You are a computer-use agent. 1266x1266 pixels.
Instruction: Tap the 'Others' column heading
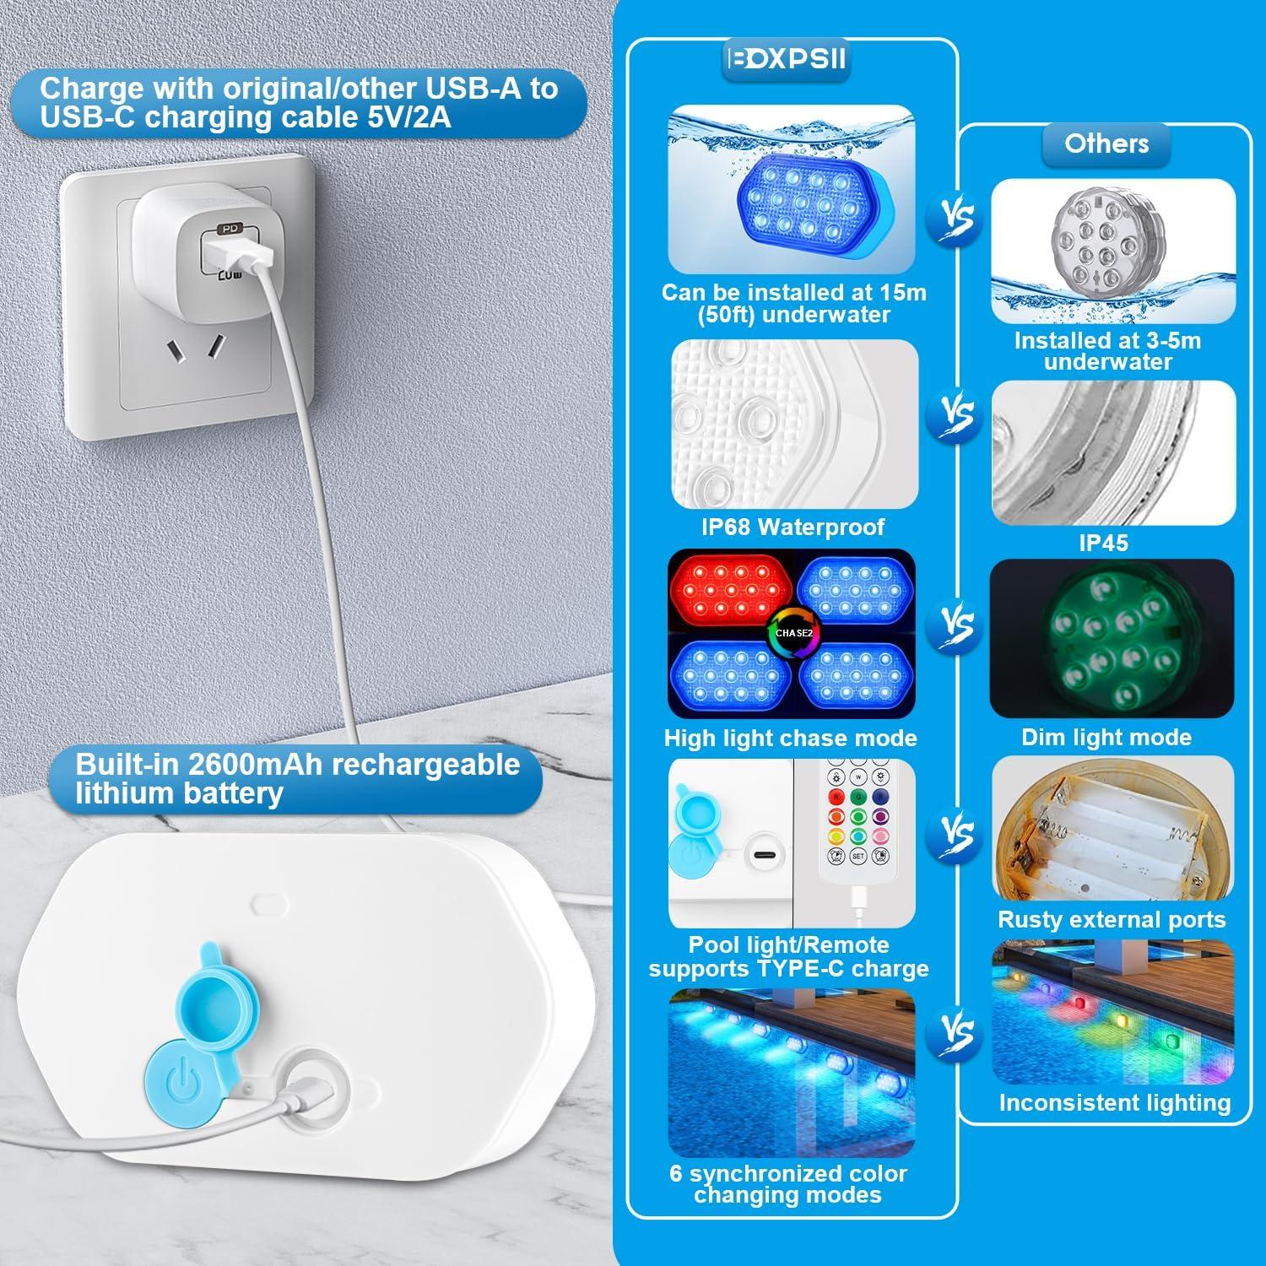(1106, 143)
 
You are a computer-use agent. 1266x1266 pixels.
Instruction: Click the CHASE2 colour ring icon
(793, 632)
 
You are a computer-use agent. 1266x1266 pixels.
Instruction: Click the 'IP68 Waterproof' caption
(793, 527)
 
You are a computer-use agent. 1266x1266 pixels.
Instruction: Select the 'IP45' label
(1103, 543)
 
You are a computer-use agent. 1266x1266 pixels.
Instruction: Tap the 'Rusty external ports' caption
(1112, 919)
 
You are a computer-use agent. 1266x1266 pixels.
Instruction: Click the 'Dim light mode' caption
(1106, 738)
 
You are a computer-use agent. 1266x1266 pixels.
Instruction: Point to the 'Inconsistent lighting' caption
(1114, 1102)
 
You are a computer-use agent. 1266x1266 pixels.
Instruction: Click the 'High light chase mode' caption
(790, 738)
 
